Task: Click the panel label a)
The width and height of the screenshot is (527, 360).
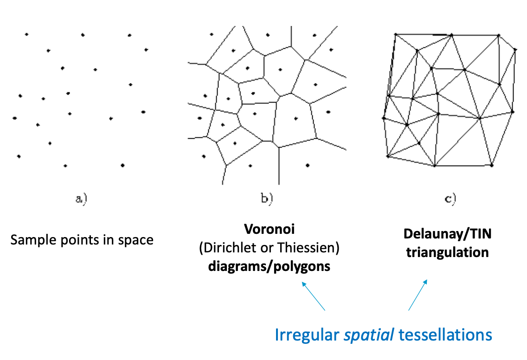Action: click(81, 199)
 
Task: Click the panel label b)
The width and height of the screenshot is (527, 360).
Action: click(266, 199)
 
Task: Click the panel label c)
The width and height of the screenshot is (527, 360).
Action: click(450, 199)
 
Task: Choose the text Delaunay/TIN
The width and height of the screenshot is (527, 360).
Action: click(448, 234)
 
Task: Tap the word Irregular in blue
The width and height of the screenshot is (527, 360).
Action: click(307, 335)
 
